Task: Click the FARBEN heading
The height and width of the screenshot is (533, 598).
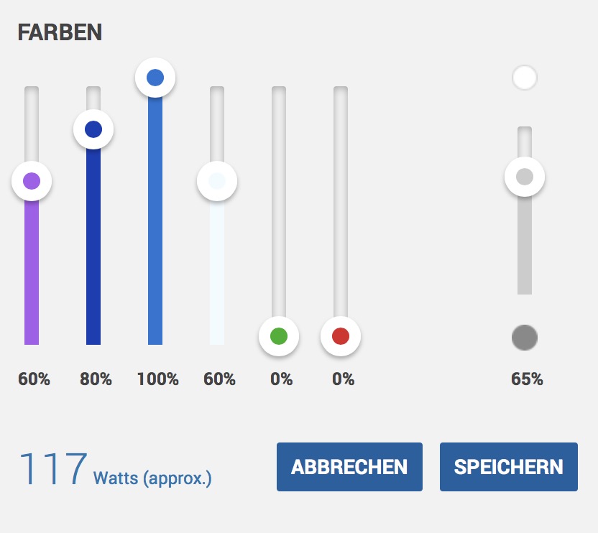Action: [60, 32]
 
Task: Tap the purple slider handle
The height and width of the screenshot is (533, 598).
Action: [32, 181]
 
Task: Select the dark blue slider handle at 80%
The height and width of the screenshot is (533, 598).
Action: [93, 129]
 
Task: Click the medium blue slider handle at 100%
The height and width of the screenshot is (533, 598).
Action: [155, 78]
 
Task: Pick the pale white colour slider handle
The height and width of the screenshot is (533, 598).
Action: [217, 181]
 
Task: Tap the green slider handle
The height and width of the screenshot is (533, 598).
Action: [279, 336]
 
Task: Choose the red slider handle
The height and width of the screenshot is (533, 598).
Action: [341, 336]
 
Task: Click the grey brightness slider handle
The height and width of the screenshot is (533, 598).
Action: [525, 177]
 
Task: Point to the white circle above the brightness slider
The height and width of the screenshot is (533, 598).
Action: [525, 78]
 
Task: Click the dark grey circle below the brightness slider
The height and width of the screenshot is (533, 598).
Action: [525, 338]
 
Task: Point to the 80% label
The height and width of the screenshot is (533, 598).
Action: [96, 379]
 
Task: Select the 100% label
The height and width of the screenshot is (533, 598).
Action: [157, 379]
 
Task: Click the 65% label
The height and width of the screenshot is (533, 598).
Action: [527, 379]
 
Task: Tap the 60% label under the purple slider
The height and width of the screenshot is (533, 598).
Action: [34, 379]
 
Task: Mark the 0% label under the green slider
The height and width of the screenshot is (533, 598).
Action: [281, 379]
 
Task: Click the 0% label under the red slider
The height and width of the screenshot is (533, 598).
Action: [343, 379]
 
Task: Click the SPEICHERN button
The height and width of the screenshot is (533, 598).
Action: [508, 467]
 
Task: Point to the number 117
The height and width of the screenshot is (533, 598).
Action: [52, 470]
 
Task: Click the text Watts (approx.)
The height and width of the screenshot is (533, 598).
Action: [152, 478]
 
